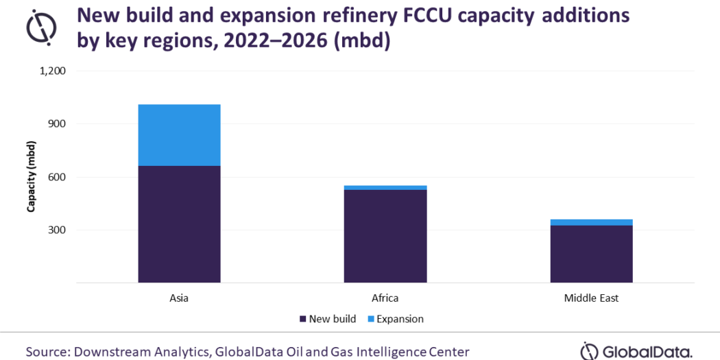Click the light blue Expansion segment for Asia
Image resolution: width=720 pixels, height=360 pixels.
179,135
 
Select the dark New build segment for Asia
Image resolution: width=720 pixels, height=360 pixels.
179,224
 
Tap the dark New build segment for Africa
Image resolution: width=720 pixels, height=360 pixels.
385,236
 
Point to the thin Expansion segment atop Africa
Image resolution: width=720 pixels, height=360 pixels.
385,187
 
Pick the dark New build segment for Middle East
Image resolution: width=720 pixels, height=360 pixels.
591,254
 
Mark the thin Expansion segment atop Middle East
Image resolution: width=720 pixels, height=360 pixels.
591,222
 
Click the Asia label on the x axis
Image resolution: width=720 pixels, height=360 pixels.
179,298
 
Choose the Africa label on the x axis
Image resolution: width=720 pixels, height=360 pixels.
385,298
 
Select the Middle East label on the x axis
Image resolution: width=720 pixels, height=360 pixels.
591,298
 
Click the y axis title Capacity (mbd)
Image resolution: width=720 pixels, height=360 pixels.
31,176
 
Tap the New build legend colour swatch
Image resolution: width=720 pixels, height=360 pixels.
302,319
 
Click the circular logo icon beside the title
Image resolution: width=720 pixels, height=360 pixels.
40,27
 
